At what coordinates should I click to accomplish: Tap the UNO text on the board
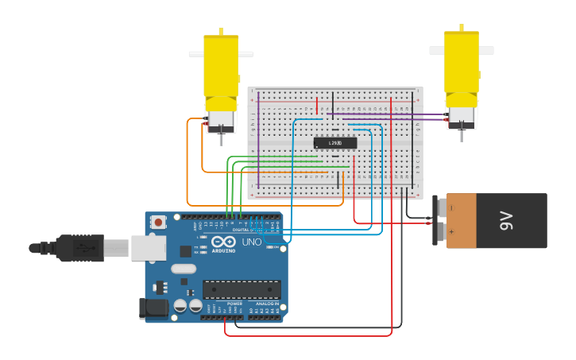point(251,242)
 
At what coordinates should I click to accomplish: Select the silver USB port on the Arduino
point(148,248)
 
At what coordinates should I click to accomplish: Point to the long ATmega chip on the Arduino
point(242,289)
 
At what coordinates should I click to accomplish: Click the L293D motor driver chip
point(335,143)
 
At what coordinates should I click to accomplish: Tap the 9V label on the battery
point(507,221)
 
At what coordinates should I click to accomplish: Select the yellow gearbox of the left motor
point(221,70)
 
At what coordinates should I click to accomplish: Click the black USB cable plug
point(79,248)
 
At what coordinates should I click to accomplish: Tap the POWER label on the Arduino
point(235,304)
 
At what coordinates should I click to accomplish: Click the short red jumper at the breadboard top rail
point(317,106)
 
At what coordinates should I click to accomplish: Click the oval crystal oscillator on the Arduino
point(184,280)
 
